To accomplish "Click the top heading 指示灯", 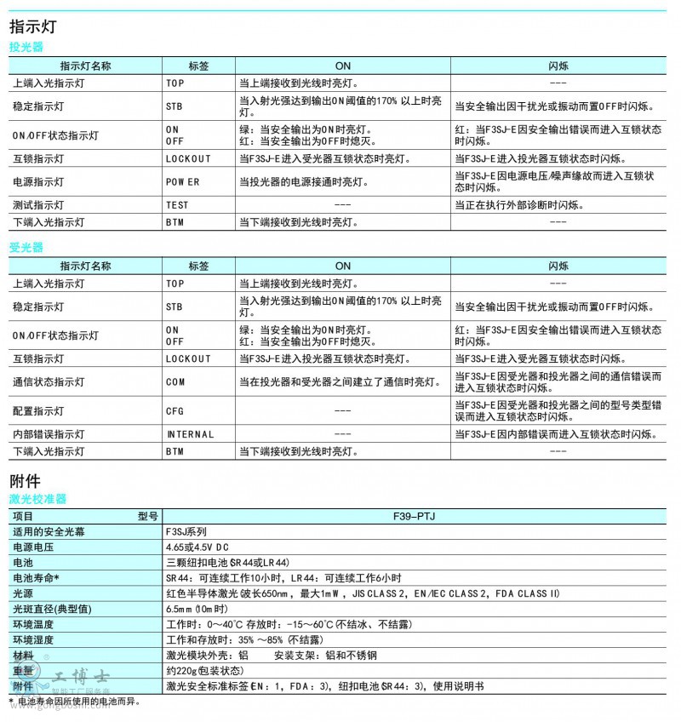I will click(33, 26).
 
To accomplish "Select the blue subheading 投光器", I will click(26, 48).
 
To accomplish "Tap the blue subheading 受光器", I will click(26, 248).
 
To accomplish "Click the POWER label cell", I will click(182, 181).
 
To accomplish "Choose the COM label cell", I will click(175, 382).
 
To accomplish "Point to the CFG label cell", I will click(175, 411).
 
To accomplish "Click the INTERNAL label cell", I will click(190, 434).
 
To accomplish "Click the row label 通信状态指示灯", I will click(49, 382).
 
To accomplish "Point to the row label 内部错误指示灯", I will click(49, 434).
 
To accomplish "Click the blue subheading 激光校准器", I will click(37, 499).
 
